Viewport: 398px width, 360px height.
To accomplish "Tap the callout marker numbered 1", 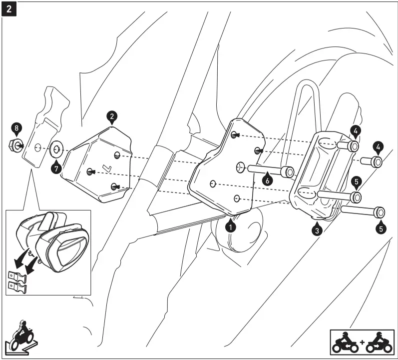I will pos(230,226).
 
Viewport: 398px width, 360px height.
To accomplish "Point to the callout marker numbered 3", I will pos(316,230).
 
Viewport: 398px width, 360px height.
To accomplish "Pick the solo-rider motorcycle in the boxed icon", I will pos(345,342).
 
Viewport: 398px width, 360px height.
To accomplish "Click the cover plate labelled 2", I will pos(100,165).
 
